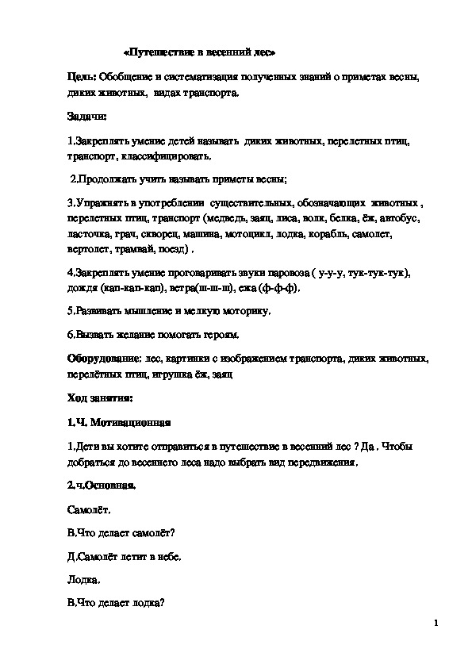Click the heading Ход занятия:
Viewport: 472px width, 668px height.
100,397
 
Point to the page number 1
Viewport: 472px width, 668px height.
436,624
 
